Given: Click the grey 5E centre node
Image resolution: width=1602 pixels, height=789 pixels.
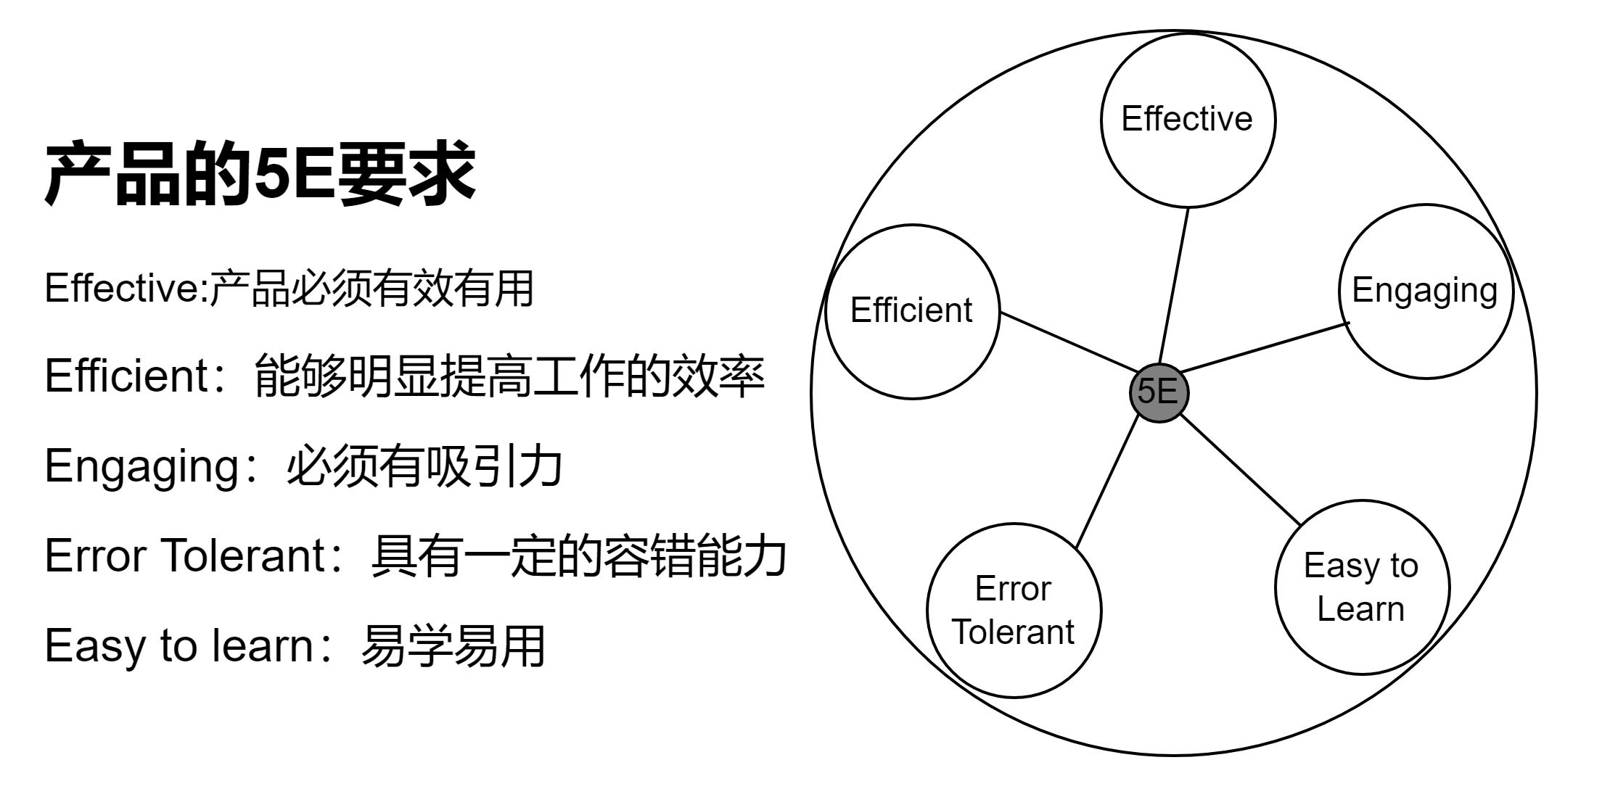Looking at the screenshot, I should click(1159, 393).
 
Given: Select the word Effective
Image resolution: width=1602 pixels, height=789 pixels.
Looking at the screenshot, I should click(1186, 119).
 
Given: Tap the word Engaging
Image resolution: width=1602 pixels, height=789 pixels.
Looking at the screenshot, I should click(1424, 290).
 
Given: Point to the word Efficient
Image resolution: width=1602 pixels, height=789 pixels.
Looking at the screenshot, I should click(911, 310).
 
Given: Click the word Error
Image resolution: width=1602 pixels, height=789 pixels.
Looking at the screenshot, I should click(1012, 588).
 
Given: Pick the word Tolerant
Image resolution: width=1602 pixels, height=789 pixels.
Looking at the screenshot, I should click(1012, 632).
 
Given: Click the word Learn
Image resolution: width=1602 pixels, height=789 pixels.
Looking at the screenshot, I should click(1360, 608).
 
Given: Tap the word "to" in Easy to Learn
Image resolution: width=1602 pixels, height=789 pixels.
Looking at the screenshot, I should click(1404, 566).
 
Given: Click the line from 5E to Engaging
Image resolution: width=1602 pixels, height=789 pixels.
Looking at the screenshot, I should click(1266, 347).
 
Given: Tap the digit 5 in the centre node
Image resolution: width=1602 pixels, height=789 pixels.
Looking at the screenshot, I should click(1147, 392).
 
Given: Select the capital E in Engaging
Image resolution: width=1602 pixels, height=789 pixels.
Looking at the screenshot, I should click(1361, 290).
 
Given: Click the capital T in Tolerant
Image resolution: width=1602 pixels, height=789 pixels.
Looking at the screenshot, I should click(961, 632).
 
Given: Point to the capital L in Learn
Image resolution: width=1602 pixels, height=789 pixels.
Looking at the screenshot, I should click(1324, 608).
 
